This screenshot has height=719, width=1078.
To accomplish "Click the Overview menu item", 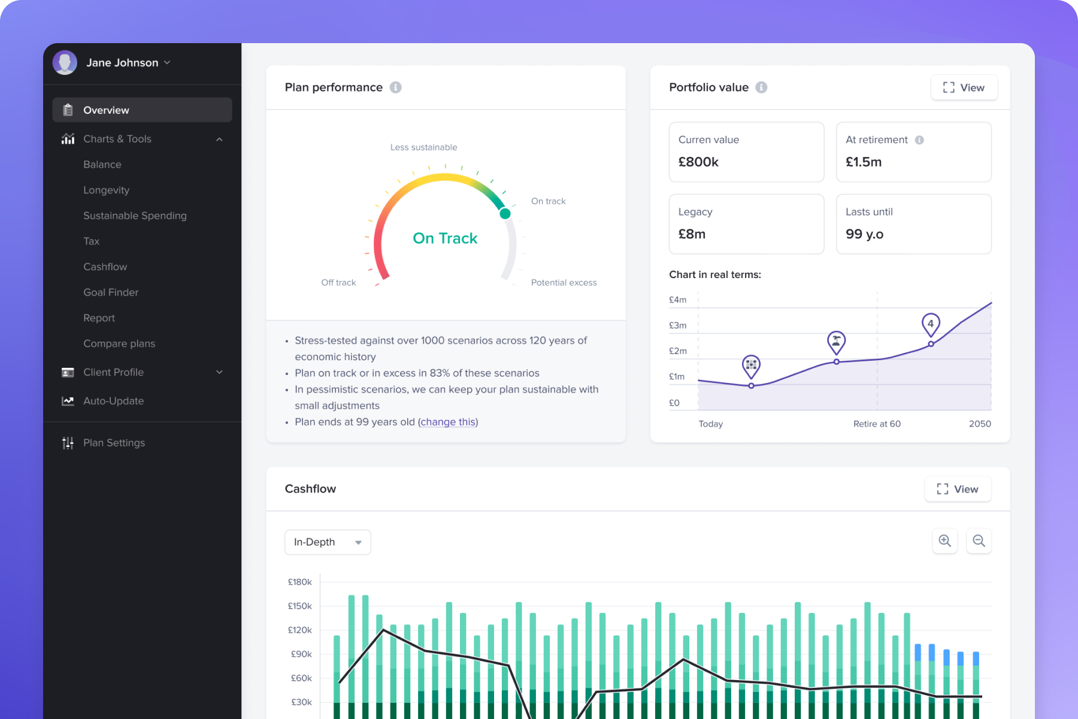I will pyautogui.click(x=106, y=110).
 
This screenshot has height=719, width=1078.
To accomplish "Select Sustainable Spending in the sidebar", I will pyautogui.click(x=135, y=216).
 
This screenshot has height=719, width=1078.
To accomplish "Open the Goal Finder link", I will pyautogui.click(x=111, y=292).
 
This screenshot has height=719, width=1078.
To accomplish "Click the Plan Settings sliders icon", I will pyautogui.click(x=68, y=443).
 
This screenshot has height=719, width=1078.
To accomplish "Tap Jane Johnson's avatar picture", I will pyautogui.click(x=65, y=62).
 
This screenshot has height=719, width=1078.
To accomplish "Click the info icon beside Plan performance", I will pyautogui.click(x=395, y=87).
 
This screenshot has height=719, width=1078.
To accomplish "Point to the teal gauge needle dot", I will pyautogui.click(x=505, y=213).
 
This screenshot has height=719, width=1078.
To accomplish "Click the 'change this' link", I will pyautogui.click(x=448, y=422).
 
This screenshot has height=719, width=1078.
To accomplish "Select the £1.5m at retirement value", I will pyautogui.click(x=863, y=162).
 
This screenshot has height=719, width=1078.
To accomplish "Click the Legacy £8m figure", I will pyautogui.click(x=692, y=234).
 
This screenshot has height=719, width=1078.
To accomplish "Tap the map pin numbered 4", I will pyautogui.click(x=930, y=324).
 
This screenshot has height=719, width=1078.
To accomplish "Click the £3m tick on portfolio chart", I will pyautogui.click(x=677, y=325).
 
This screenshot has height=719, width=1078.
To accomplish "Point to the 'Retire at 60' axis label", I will pyautogui.click(x=876, y=424).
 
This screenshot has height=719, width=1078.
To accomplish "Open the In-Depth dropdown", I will pyautogui.click(x=328, y=542).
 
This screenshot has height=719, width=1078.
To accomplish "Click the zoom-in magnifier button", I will pyautogui.click(x=944, y=541).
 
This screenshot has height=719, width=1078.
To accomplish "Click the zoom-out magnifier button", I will pyautogui.click(x=979, y=541).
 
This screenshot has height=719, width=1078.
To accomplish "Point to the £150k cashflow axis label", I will pyautogui.click(x=299, y=606).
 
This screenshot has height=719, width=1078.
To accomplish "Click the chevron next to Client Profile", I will pyautogui.click(x=219, y=372).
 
